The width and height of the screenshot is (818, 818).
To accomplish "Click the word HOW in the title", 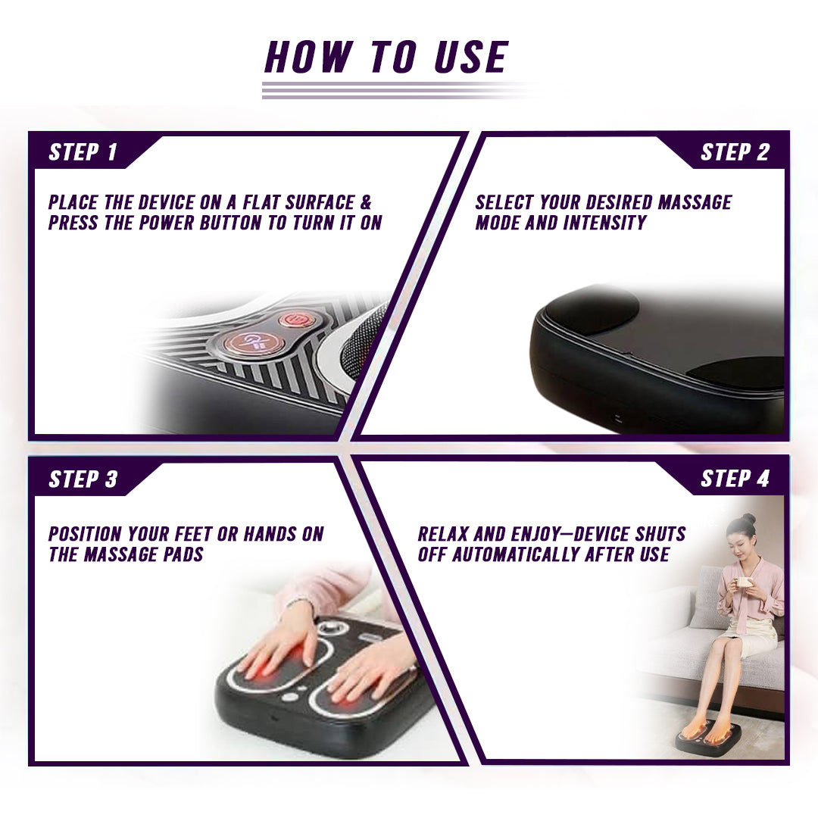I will tap(308, 58).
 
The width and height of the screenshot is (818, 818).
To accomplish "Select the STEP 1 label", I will tap(83, 152).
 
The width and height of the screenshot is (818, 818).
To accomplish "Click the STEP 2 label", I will tap(734, 152).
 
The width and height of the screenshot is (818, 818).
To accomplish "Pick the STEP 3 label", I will tap(83, 479).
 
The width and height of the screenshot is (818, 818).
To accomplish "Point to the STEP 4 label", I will tap(734, 479).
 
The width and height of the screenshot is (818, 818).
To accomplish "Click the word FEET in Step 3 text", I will tap(183, 534).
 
